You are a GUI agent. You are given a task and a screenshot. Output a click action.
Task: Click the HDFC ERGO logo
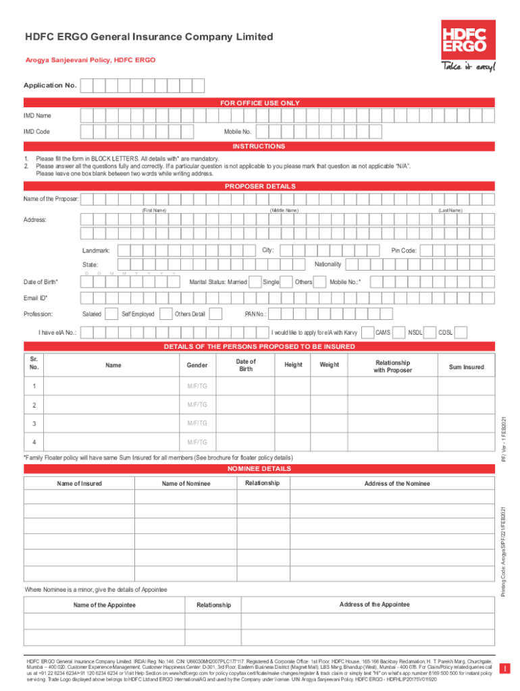[x=465, y=39]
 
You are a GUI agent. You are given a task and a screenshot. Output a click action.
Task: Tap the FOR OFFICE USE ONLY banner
[x=260, y=103]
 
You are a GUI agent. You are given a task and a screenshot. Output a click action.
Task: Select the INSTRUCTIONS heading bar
[x=260, y=146]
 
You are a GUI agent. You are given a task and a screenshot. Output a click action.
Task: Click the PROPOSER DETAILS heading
[x=260, y=186]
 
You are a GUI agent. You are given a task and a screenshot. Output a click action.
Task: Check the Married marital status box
[x=253, y=281]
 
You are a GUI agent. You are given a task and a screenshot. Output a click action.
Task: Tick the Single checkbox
[x=286, y=281]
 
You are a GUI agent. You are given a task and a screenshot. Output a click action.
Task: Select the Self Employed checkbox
[x=162, y=314]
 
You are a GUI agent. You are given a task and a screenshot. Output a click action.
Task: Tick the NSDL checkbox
[x=429, y=332]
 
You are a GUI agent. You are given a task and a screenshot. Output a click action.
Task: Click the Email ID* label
[x=36, y=298]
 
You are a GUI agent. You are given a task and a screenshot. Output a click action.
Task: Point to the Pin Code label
[x=405, y=251]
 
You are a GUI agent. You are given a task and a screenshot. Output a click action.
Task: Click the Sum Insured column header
[x=467, y=367]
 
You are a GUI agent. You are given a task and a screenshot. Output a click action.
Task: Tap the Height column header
[x=293, y=365]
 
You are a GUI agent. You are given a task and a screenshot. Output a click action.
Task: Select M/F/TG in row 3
[x=198, y=424]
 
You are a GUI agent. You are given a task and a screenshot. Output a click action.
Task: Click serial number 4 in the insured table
[x=33, y=443]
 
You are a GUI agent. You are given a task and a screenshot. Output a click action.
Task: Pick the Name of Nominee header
[x=186, y=484]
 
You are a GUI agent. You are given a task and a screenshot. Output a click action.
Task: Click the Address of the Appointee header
[x=374, y=605]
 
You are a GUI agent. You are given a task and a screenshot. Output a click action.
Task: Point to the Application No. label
[x=50, y=86]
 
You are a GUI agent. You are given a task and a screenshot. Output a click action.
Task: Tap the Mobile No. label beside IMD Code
[x=238, y=132]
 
